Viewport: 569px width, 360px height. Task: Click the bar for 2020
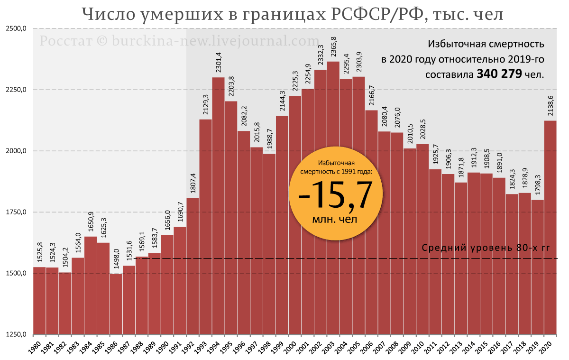click(x=550, y=228)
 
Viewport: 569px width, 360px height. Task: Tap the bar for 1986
click(x=116, y=304)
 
